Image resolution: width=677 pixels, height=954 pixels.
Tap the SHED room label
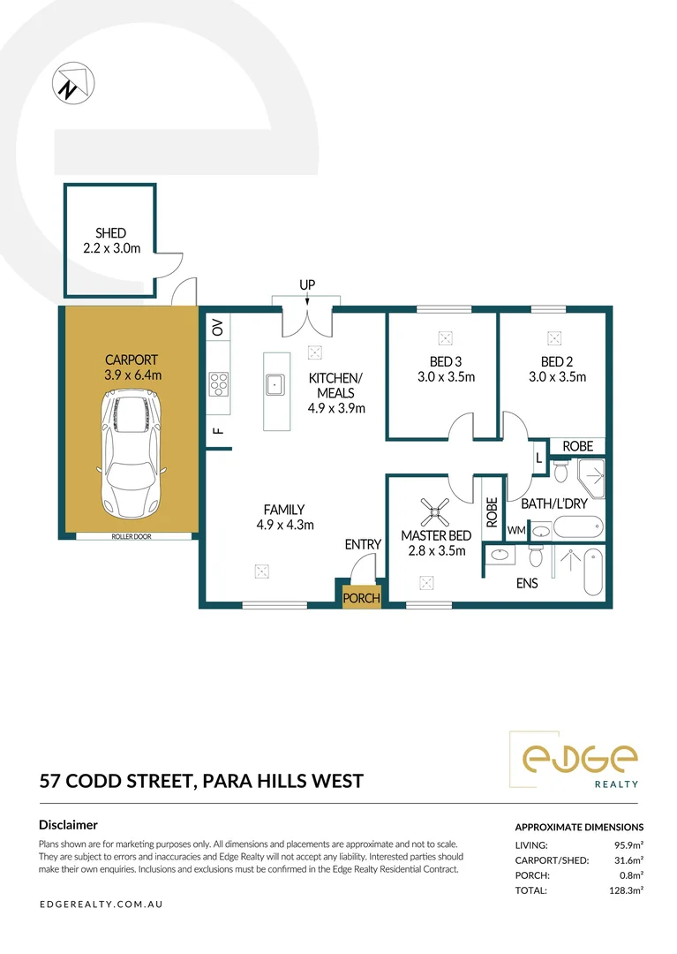pyautogui.click(x=110, y=233)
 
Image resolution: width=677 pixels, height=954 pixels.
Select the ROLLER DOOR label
pyautogui.click(x=130, y=536)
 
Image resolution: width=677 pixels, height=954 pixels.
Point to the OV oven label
pyautogui.click(x=218, y=328)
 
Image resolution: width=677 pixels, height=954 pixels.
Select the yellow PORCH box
pyautogui.click(x=361, y=598)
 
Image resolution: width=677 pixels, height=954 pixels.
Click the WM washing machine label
pyautogui.click(x=516, y=530)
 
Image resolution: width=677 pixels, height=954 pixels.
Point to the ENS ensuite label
pyautogui.click(x=527, y=584)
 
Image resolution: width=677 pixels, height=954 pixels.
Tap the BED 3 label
pyautogui.click(x=446, y=361)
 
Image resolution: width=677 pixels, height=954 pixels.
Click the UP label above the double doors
pyautogui.click(x=307, y=285)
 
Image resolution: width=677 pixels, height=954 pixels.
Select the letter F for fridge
pyautogui.click(x=217, y=431)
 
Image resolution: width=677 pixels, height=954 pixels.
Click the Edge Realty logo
pyautogui.click(x=579, y=760)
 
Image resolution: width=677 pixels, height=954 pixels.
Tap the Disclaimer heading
pyautogui.click(x=68, y=824)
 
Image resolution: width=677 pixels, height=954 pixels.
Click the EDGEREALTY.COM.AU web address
pyautogui.click(x=101, y=905)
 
